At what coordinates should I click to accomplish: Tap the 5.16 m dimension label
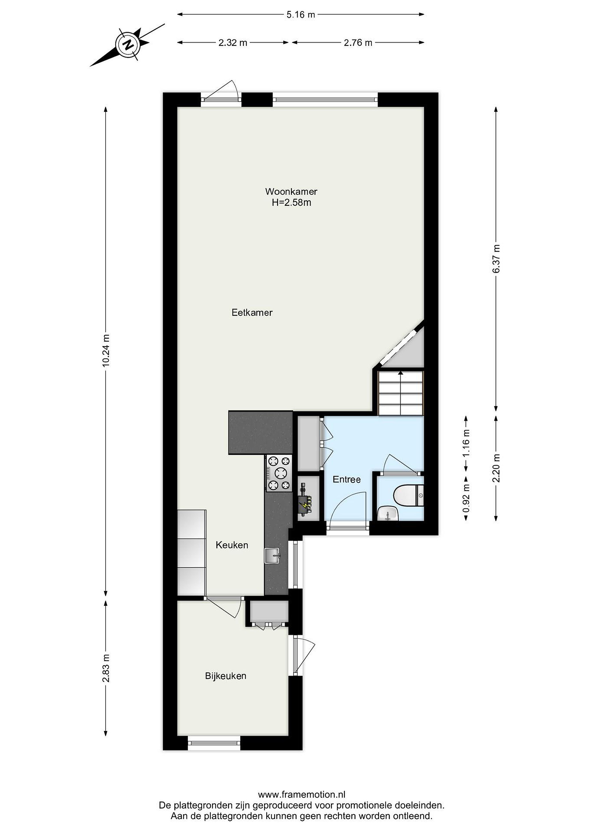[x=301, y=14]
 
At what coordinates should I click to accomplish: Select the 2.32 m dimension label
[x=232, y=42]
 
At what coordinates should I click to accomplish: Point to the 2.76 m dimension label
[x=358, y=42]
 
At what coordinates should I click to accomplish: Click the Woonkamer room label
[x=291, y=191]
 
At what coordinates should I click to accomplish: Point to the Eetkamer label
[x=252, y=312]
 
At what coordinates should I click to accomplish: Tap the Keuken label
[x=232, y=545]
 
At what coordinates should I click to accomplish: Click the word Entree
[x=347, y=480]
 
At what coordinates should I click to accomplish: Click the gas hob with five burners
[x=279, y=473]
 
